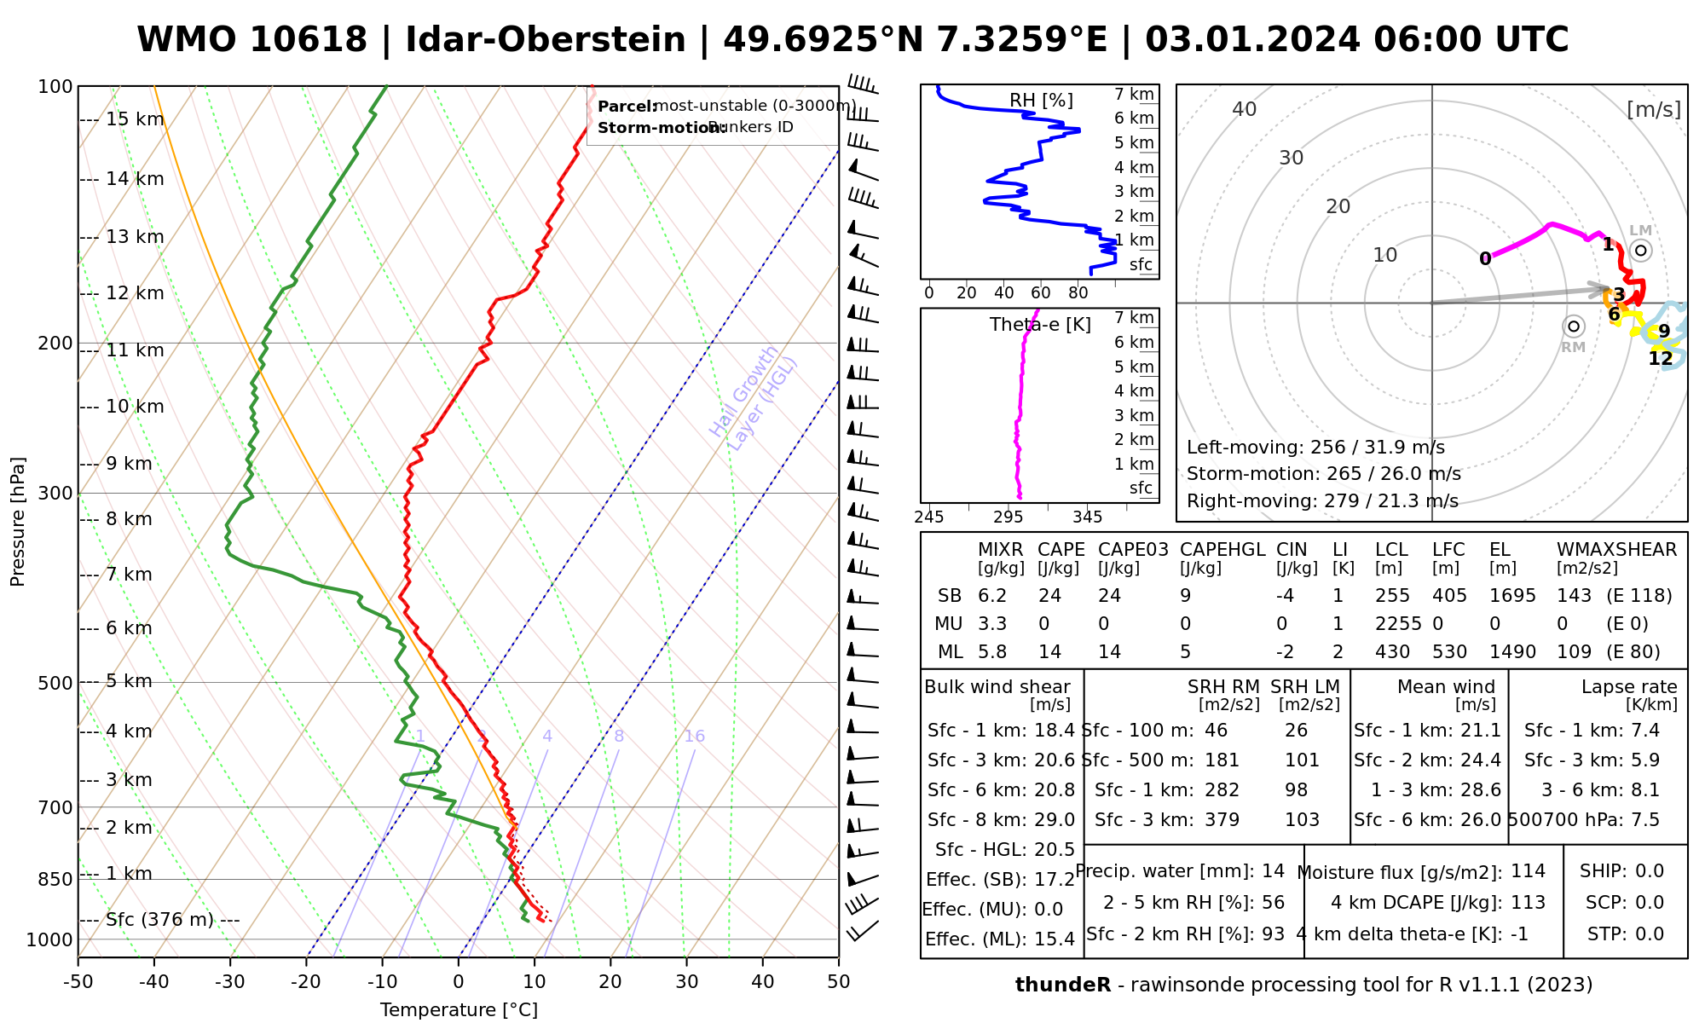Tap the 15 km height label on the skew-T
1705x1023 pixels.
click(x=135, y=119)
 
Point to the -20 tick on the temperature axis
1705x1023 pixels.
click(x=306, y=982)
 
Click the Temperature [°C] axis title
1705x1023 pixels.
click(x=459, y=1010)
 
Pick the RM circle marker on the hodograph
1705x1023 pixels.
click(x=1574, y=327)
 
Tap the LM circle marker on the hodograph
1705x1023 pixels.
click(x=1641, y=251)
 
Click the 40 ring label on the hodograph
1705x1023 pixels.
click(x=1245, y=109)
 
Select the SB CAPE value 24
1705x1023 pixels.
click(x=1050, y=596)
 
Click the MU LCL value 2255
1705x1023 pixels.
click(x=1398, y=624)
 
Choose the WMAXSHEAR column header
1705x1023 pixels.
click(x=1616, y=550)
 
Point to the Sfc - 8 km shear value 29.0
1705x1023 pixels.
click(x=1053, y=820)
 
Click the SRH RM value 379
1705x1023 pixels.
click(x=1222, y=820)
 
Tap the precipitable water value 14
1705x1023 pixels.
click(x=1273, y=871)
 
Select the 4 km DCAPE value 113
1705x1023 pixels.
click(x=1528, y=903)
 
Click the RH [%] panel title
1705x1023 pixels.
click(x=1041, y=101)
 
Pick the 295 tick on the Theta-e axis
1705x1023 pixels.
click(x=1008, y=517)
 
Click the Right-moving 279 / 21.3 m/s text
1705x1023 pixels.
click(x=1322, y=501)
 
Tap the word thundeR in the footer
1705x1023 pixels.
click(x=1063, y=985)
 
